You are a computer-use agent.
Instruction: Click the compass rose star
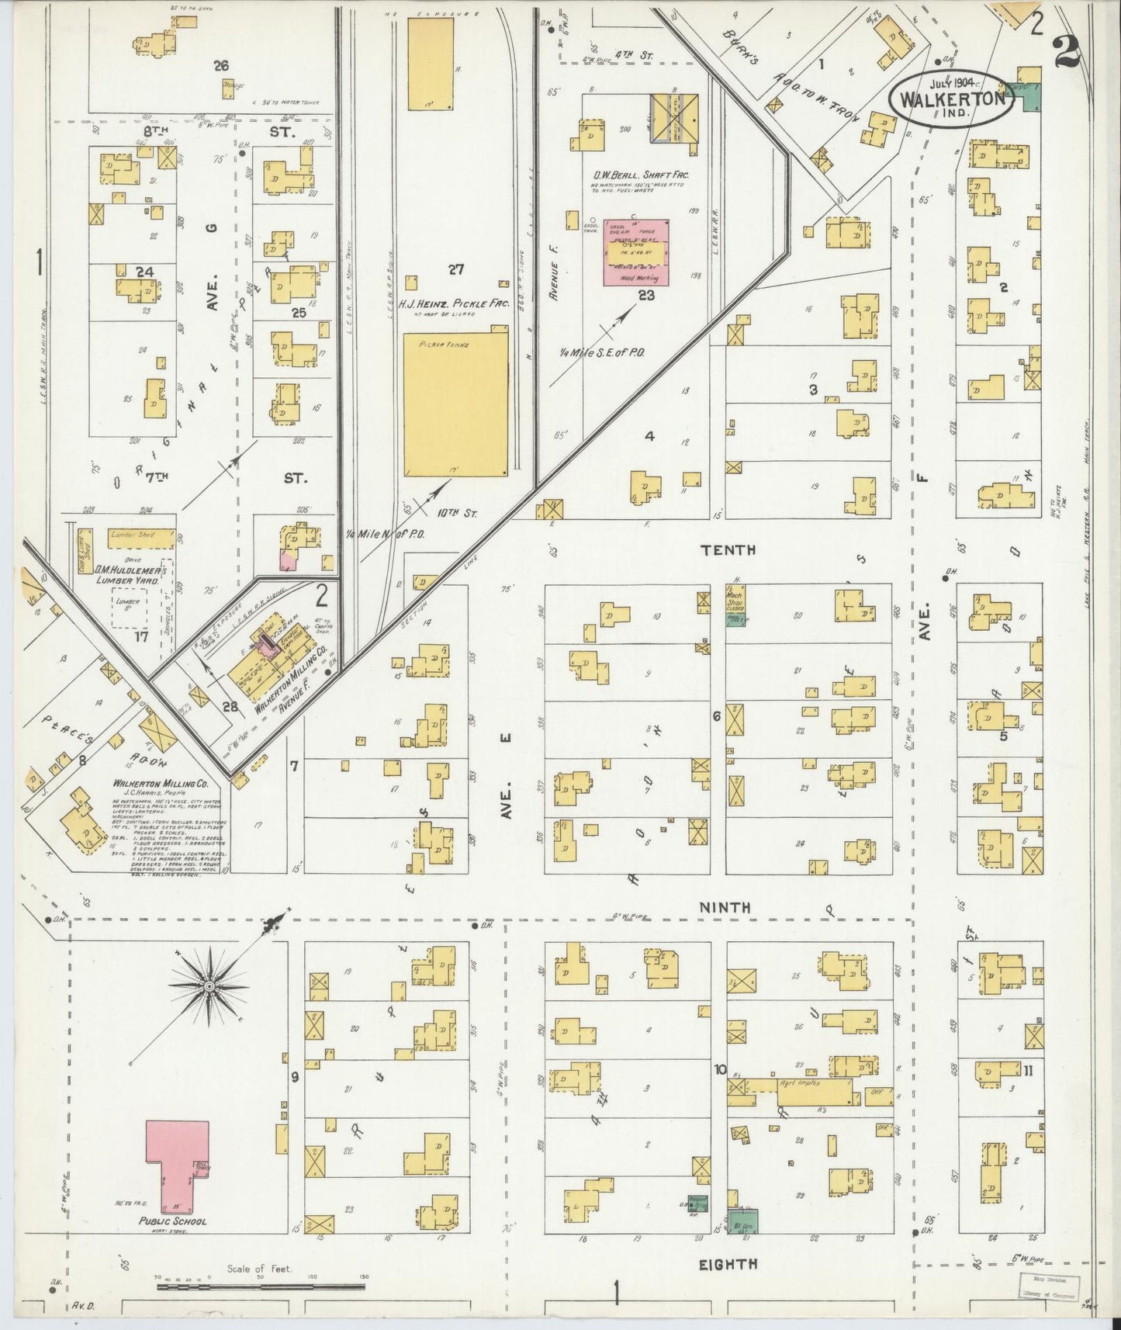click(209, 986)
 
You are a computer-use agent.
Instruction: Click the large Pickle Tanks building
click(456, 404)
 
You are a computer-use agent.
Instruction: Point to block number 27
click(455, 269)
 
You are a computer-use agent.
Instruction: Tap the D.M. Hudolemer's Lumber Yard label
click(126, 575)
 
